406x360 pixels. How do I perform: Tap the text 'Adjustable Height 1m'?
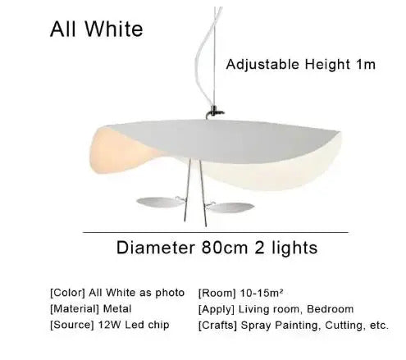(x=301, y=63)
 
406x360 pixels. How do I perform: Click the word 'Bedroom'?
(x=331, y=309)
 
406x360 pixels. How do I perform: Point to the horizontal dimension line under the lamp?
(x=205, y=233)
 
